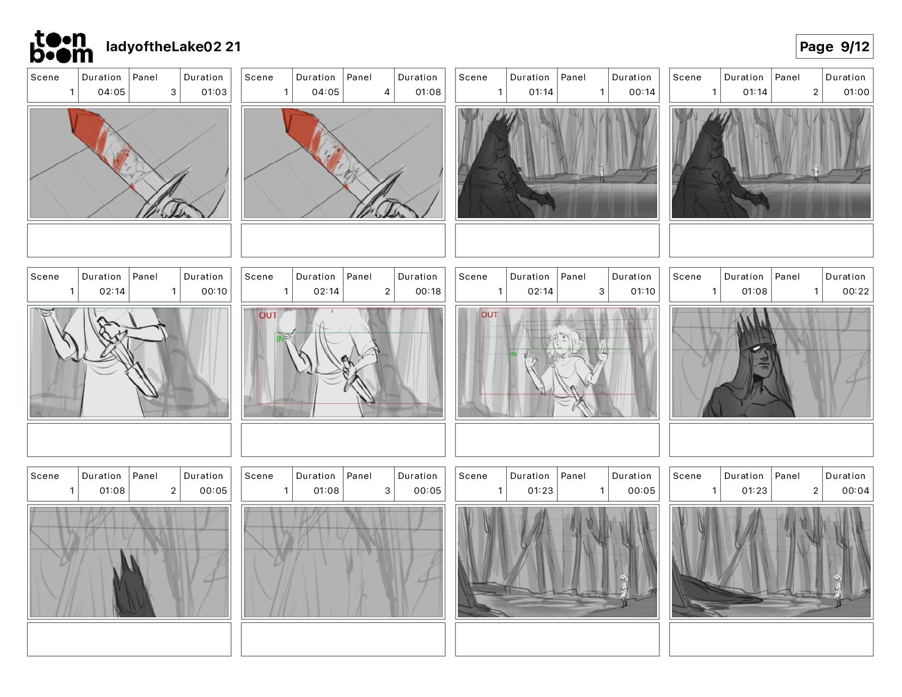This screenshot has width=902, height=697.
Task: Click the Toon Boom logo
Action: tap(61, 47)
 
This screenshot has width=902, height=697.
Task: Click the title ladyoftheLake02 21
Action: tap(174, 47)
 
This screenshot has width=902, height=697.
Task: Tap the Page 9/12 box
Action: tap(834, 47)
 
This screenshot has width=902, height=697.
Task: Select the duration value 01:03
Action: tap(214, 92)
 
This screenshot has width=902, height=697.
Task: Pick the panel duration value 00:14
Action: tap(642, 92)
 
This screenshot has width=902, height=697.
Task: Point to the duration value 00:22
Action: tap(855, 292)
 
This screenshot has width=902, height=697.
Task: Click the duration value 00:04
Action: tap(855, 491)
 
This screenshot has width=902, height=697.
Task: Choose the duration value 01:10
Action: tap(642, 292)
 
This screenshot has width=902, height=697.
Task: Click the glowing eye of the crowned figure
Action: tap(757, 348)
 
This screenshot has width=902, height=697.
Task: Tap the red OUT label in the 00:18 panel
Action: tap(268, 315)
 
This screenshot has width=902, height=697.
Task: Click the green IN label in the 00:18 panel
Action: tap(280, 339)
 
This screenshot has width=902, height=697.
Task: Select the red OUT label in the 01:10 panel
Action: tap(489, 315)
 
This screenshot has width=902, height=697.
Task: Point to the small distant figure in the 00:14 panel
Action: tap(601, 173)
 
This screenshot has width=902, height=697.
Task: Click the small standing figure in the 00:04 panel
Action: tap(838, 591)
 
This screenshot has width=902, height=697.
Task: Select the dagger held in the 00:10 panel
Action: tap(126, 357)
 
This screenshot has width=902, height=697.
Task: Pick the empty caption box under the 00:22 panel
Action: tap(771, 440)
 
